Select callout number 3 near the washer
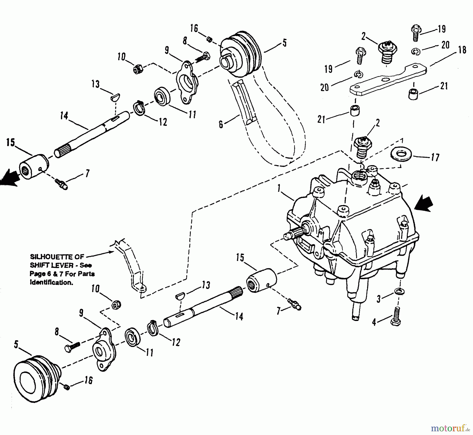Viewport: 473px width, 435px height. click(x=378, y=299)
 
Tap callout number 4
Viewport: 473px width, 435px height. click(x=374, y=322)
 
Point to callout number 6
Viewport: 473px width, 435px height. click(x=221, y=124)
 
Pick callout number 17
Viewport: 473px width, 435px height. click(x=435, y=157)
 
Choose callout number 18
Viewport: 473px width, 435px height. click(x=462, y=50)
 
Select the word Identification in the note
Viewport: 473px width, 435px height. click(x=51, y=282)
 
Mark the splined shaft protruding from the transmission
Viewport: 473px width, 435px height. click(x=294, y=233)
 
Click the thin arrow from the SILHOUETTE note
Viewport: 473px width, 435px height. click(x=100, y=254)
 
